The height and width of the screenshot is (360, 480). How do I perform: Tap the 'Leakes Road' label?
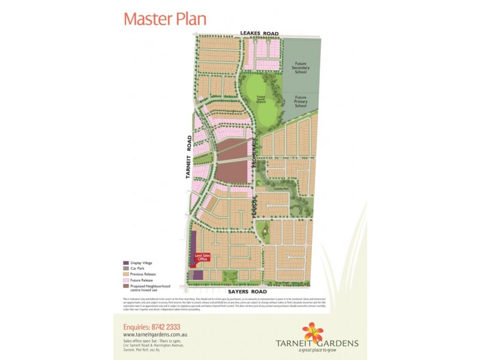(x=261, y=34)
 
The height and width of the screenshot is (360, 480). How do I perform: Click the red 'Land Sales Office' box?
(x=201, y=258)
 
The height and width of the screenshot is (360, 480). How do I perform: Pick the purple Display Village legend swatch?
(x=125, y=263)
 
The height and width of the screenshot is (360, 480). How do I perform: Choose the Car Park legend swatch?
(x=125, y=268)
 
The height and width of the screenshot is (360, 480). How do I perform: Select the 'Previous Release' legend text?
(x=142, y=274)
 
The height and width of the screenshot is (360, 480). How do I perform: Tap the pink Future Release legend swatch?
(x=125, y=280)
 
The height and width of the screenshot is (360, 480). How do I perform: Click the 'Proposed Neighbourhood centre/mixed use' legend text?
(x=150, y=288)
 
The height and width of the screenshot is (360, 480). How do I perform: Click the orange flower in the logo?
(x=313, y=332)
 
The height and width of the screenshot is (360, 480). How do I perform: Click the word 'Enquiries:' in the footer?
(x=136, y=327)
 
